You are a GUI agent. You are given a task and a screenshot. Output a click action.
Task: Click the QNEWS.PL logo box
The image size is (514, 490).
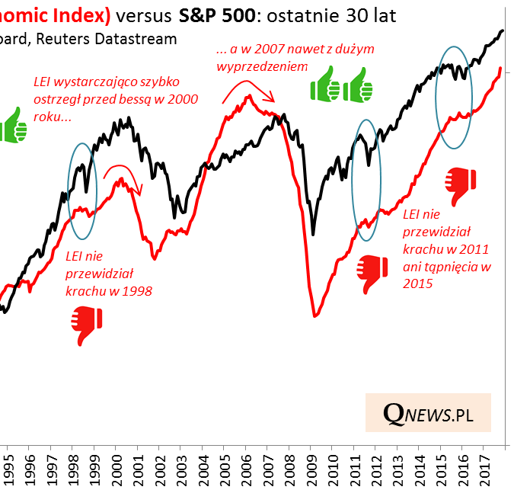tap(428, 414)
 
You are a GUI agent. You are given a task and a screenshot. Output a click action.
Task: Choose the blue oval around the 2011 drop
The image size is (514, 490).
tap(366, 181)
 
